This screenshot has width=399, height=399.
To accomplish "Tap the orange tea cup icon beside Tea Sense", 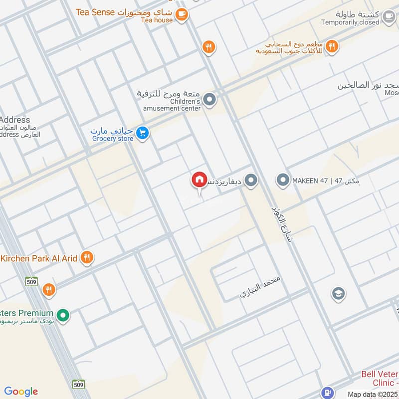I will (182, 14).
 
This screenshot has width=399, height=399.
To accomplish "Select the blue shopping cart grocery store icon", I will (143, 133).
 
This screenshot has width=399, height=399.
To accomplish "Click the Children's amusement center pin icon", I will (210, 100).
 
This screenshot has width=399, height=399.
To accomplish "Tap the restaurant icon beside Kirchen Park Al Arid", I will (87, 258).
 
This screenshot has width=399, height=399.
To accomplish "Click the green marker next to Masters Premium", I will (63, 315).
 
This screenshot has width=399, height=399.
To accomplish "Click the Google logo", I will (21, 392).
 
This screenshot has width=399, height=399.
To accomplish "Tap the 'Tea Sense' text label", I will (95, 12).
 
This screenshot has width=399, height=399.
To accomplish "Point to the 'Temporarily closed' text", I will (350, 22).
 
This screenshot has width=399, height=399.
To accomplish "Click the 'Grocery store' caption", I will (113, 139).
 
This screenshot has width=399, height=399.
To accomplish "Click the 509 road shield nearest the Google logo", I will (78, 384).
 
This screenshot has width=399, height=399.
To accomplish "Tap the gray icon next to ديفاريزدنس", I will (251, 181).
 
